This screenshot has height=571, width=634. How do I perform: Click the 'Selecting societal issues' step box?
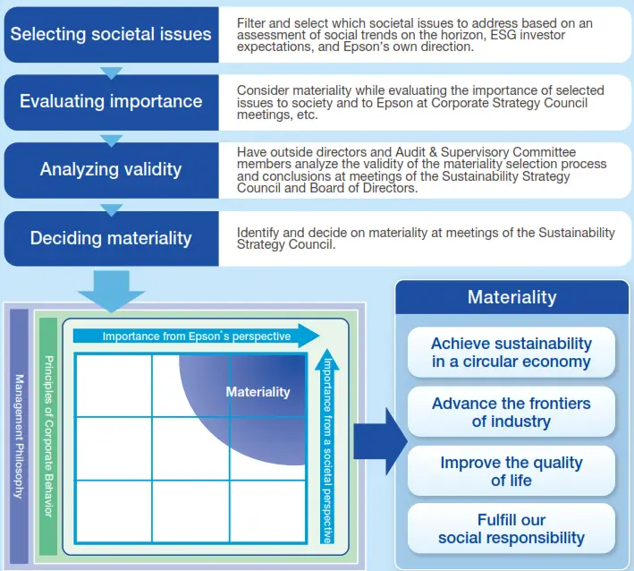tap(111, 35)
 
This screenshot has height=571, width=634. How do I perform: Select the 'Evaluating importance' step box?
tap(111, 102)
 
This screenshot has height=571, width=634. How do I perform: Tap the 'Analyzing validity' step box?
tap(111, 169)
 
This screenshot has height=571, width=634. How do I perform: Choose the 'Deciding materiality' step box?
tap(111, 238)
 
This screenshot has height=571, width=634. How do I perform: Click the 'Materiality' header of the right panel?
tap(511, 297)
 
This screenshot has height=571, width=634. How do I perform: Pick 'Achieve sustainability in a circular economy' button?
tap(511, 353)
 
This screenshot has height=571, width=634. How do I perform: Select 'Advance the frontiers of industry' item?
tap(511, 412)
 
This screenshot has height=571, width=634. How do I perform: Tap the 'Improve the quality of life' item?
tap(511, 472)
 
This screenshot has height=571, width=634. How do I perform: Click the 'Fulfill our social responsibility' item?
tap(511, 529)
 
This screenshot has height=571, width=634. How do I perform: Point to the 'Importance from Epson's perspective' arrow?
tap(196, 337)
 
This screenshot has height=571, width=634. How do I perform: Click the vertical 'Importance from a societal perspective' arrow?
tap(327, 447)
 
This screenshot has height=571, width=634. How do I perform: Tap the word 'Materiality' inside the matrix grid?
tap(258, 392)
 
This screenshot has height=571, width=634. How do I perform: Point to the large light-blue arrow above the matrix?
tap(111, 292)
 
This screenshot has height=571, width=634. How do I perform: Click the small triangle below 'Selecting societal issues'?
tap(111, 72)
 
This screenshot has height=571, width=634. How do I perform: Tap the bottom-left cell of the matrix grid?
tap(114, 511)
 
